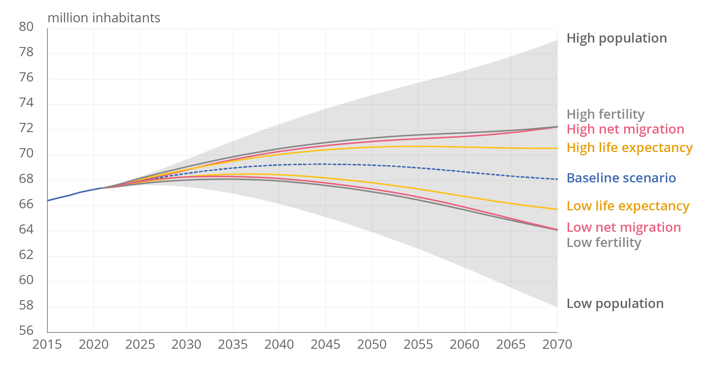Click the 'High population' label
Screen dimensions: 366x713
click(x=616, y=38)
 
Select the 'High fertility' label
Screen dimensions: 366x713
click(x=605, y=114)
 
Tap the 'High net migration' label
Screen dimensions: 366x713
click(x=625, y=129)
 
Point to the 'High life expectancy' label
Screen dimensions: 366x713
click(x=629, y=148)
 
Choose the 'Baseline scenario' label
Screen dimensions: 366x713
click(x=621, y=178)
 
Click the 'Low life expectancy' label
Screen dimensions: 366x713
click(x=628, y=206)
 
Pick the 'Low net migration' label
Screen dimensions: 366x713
click(x=624, y=227)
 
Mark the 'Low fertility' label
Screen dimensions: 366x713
click(x=604, y=243)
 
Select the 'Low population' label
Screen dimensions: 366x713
click(x=615, y=304)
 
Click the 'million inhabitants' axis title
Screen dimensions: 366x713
click(x=104, y=18)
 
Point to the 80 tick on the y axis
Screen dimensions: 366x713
click(x=26, y=27)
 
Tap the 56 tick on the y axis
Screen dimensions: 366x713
click(x=26, y=331)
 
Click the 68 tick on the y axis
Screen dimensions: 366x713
click(x=26, y=179)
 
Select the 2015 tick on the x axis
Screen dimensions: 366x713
click(x=47, y=345)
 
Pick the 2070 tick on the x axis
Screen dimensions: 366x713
click(x=557, y=345)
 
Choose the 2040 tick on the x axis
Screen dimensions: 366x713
click(x=279, y=345)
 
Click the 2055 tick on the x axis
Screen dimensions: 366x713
click(x=418, y=345)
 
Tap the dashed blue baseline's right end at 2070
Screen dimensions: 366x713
click(x=557, y=179)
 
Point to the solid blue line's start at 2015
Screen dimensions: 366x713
click(x=48, y=201)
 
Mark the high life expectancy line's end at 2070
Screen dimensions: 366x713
click(x=557, y=148)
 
